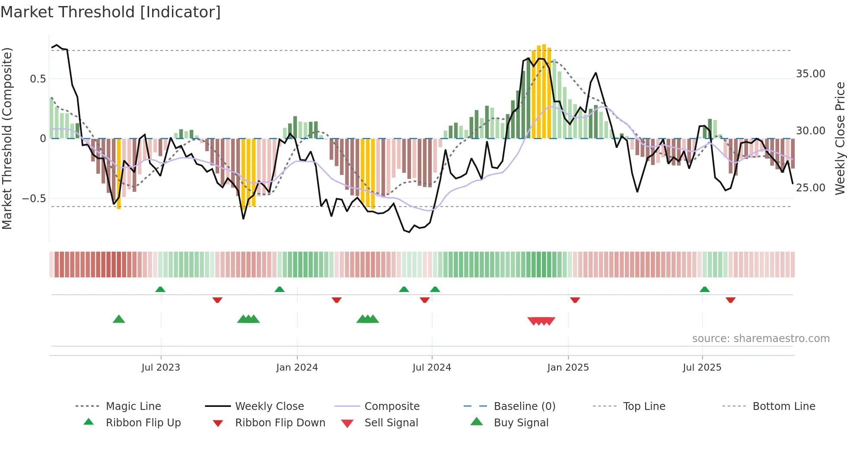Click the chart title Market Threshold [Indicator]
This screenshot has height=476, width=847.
pyautogui.click(x=111, y=12)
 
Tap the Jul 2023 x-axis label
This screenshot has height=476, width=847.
pyautogui.click(x=161, y=368)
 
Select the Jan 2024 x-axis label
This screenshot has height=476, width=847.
pyautogui.click(x=297, y=368)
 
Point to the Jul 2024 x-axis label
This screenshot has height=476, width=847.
pyautogui.click(x=432, y=368)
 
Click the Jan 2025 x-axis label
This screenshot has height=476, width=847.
pyautogui.click(x=568, y=368)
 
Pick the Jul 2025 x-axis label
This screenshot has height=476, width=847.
pyautogui.click(x=702, y=368)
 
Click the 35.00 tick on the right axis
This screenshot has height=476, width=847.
pyautogui.click(x=811, y=74)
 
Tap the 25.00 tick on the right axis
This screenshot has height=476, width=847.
pyautogui.click(x=811, y=188)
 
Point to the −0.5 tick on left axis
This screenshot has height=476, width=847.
pyautogui.click(x=34, y=199)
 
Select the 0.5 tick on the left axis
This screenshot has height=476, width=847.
pyautogui.click(x=38, y=79)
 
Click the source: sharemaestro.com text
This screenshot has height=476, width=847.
pyautogui.click(x=761, y=339)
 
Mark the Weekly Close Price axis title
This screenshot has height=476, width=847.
pyautogui.click(x=840, y=138)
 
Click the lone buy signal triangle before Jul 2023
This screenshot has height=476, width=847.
pyautogui.click(x=119, y=319)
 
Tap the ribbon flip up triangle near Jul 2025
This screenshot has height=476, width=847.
pyautogui.click(x=704, y=289)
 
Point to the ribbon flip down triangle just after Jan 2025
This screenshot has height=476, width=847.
pyautogui.click(x=575, y=300)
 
